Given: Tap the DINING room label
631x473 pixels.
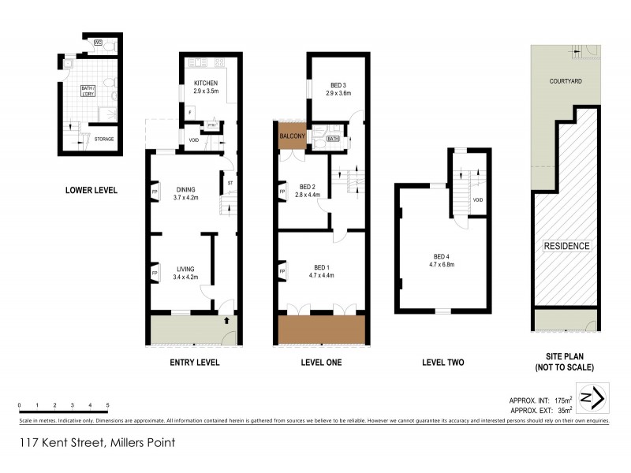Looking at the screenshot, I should coord(185,189).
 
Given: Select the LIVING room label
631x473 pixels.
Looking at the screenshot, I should coord(185,268).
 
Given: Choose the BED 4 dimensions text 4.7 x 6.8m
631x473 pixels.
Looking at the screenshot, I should coord(446,264).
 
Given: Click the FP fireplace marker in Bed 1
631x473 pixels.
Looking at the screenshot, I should coord(282,273).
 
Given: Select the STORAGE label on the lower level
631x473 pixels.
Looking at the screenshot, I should coord(103,140).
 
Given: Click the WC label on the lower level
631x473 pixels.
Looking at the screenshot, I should coord(98,43).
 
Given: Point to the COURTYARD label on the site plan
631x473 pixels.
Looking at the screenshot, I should coord(566,81).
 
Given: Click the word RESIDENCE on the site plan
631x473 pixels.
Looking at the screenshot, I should coord(566,246).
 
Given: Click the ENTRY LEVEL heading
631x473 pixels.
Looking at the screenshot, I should coord(194,363).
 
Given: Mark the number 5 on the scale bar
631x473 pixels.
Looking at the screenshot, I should coord(107,404).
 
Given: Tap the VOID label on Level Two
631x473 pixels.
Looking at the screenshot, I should coord(477,200).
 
